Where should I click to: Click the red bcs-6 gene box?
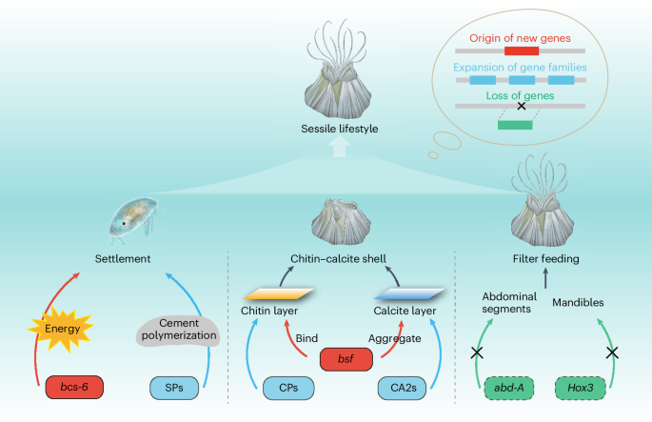[74, 390]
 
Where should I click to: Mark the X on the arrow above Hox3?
[613, 352]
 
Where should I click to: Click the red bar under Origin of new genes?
[521, 50]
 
